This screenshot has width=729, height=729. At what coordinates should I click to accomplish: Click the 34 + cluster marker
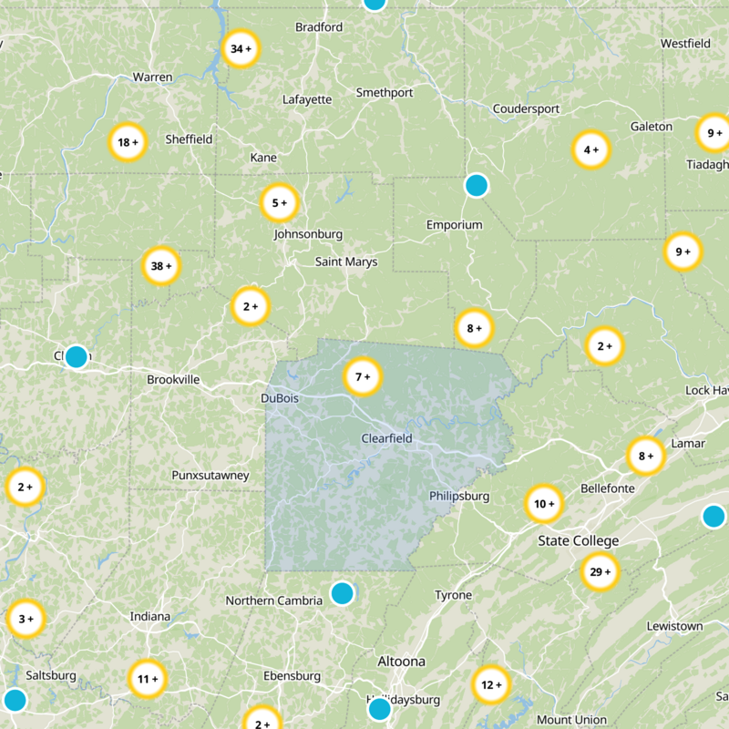[x=241, y=49]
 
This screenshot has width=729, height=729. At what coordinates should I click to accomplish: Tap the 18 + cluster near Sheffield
[x=128, y=142]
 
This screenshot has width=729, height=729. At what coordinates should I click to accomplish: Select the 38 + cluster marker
[x=161, y=267]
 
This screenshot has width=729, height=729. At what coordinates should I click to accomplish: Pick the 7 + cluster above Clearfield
[x=362, y=376]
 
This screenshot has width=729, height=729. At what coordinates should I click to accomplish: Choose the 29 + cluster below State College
[x=600, y=572]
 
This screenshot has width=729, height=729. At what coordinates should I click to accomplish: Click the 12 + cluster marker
[x=491, y=685]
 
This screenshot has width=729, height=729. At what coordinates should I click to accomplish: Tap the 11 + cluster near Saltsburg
[x=147, y=679]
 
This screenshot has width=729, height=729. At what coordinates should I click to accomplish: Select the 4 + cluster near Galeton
[x=590, y=149]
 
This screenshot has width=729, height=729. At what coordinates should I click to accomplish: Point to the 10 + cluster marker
[x=544, y=504]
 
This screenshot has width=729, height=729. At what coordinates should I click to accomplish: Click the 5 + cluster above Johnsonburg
[x=279, y=203]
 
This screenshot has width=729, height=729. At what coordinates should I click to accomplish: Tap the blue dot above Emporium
[x=476, y=186]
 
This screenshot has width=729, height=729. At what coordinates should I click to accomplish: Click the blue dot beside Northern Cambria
[x=342, y=593]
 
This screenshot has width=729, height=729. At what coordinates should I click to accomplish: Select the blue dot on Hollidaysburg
[x=379, y=708]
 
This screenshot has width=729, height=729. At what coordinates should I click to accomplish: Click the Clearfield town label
[x=386, y=438]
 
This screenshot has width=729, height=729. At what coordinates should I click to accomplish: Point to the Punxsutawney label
[x=210, y=476]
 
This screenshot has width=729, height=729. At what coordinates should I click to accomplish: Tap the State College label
[x=578, y=541]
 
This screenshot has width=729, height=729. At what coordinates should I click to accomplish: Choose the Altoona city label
[x=401, y=661]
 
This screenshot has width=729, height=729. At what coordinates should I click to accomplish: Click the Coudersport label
[x=526, y=109]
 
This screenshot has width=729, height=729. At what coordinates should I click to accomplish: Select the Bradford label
[x=319, y=27]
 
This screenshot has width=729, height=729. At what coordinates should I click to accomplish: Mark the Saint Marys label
[x=346, y=262]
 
